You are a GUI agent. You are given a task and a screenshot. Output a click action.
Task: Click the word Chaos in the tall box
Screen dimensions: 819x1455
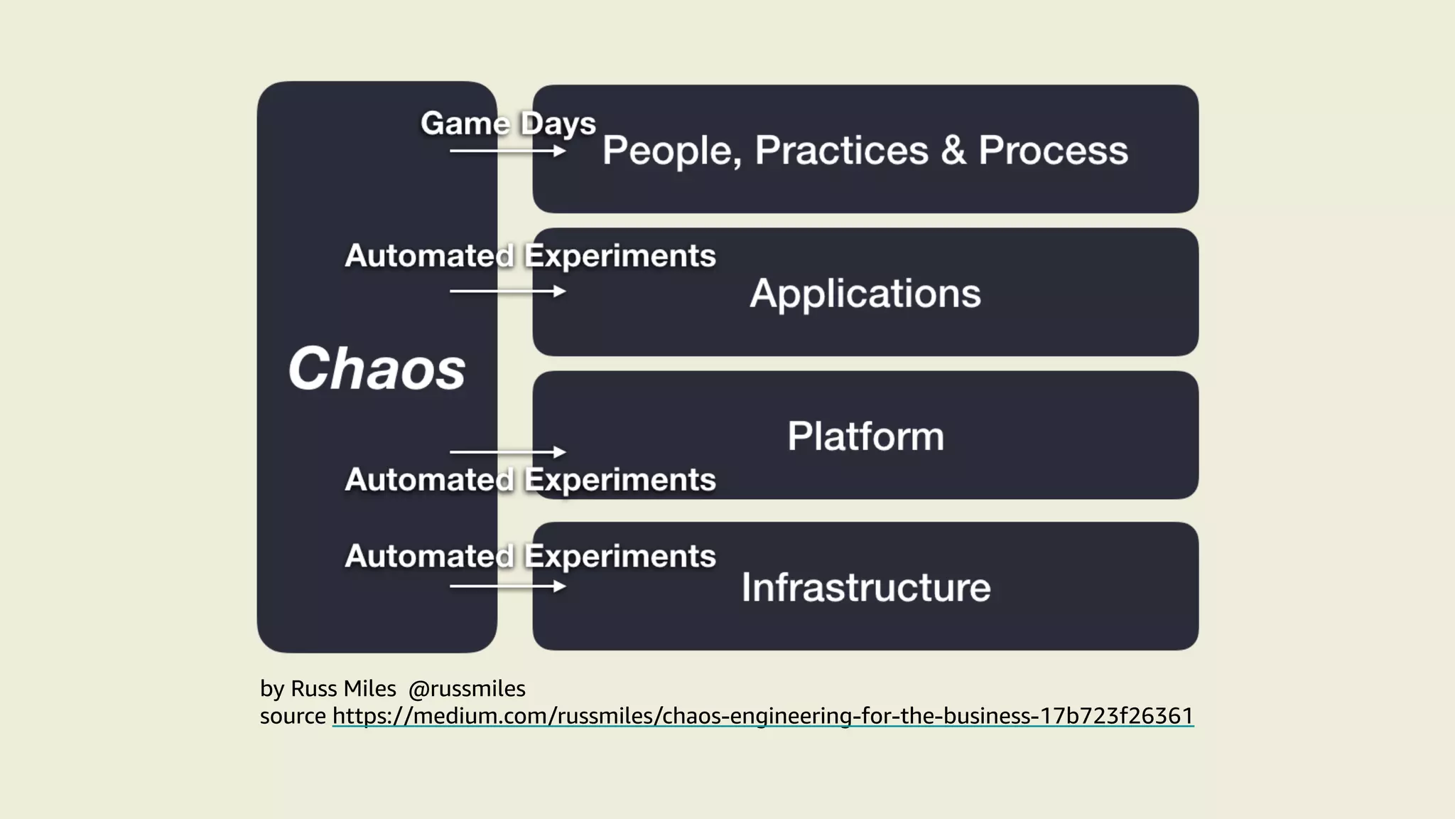[x=377, y=369]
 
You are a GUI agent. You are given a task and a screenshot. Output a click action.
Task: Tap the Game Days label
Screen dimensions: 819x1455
[x=508, y=124]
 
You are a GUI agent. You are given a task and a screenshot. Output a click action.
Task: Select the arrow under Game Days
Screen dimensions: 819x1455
[x=507, y=151]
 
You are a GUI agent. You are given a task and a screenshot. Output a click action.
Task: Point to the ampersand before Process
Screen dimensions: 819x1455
[x=953, y=151]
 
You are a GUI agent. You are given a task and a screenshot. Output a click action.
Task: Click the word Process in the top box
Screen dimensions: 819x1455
[x=1053, y=151]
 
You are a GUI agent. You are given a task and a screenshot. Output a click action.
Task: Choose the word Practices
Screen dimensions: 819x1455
[x=841, y=151]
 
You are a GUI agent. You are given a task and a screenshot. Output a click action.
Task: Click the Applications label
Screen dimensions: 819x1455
[x=865, y=294]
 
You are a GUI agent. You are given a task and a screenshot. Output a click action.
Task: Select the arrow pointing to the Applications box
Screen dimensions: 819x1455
[x=507, y=291]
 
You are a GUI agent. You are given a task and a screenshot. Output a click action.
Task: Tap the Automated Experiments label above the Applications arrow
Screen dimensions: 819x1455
[x=530, y=256]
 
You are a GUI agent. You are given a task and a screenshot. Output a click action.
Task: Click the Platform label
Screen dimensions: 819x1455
[x=865, y=437]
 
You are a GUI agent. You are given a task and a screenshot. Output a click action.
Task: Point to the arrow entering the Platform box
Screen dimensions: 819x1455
[x=507, y=452]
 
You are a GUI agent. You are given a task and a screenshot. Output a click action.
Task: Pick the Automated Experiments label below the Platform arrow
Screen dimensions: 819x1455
[x=530, y=480]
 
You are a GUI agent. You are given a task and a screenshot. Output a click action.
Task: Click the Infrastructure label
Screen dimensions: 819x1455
[x=865, y=588]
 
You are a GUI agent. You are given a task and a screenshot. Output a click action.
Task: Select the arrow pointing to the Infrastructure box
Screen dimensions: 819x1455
[x=507, y=587]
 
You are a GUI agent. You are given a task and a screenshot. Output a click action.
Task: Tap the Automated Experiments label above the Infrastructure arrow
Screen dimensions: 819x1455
[x=530, y=556]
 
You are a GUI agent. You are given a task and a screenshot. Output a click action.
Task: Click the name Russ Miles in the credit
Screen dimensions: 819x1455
[x=343, y=689]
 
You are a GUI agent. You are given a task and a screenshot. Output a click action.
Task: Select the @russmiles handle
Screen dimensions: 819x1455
[x=467, y=689]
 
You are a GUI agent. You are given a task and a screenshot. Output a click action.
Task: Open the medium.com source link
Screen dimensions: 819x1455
[x=762, y=716]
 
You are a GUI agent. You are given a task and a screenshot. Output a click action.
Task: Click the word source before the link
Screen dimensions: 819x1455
[x=293, y=716]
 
